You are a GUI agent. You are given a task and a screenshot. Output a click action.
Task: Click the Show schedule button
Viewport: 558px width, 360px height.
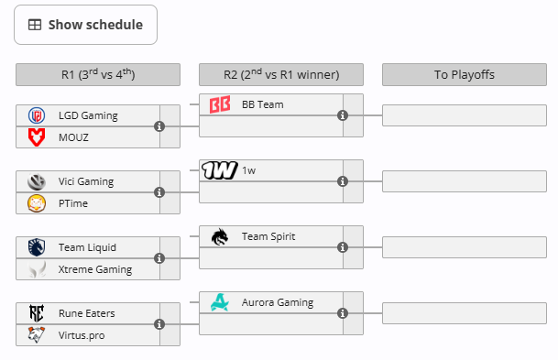tap(85, 25)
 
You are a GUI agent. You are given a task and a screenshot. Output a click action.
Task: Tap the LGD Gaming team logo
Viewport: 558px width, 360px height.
tap(37, 115)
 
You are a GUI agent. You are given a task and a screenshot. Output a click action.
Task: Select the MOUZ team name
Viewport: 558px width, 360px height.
tap(73, 137)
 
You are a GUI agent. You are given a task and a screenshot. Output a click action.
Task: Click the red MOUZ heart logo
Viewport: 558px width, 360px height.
tap(37, 137)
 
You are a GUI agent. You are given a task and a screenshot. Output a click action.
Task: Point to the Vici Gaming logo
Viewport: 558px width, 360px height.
tap(37, 181)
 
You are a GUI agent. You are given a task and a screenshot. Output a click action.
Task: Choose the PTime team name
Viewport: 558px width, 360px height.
tap(73, 203)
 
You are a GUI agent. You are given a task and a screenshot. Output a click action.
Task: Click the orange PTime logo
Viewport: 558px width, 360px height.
tap(37, 203)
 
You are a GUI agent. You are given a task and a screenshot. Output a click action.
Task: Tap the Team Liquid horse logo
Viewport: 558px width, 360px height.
tap(37, 247)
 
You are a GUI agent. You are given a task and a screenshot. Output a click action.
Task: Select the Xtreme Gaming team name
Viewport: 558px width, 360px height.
tap(95, 269)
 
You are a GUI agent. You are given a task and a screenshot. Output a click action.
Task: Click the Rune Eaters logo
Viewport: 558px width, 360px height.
tap(37, 313)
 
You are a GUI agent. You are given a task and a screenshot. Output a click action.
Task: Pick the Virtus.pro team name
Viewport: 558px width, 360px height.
tap(82, 335)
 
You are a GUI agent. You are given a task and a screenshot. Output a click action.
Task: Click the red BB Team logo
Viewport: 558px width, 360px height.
tap(220, 104)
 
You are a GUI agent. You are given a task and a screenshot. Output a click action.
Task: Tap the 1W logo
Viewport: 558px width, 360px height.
tap(220, 170)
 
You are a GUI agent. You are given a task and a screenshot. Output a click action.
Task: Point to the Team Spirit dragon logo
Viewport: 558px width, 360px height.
tap(220, 237)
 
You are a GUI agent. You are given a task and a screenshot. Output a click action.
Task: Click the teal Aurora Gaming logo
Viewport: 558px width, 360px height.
tap(220, 302)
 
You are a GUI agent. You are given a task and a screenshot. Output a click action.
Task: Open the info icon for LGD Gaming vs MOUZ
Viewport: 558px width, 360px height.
tap(159, 126)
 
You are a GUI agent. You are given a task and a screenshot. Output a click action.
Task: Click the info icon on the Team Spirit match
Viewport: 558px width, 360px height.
tap(343, 247)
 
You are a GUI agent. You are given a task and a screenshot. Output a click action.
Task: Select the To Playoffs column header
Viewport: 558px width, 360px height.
tap(465, 75)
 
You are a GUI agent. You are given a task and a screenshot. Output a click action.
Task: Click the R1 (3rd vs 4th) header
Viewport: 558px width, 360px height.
tap(98, 75)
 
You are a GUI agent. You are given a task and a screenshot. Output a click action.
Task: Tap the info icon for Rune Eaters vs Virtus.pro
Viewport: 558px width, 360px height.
tap(159, 324)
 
